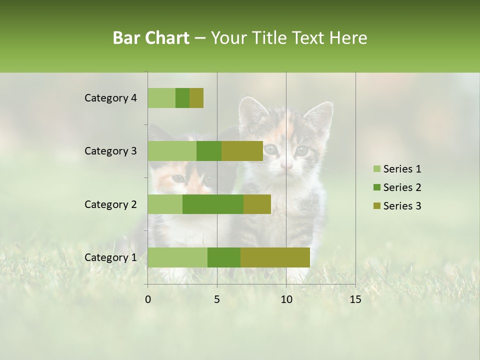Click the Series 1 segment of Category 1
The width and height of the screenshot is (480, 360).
click(177, 257)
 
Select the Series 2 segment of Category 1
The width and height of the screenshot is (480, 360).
click(224, 257)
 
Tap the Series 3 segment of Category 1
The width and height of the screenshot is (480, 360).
click(275, 257)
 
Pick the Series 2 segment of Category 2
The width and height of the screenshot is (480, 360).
click(213, 204)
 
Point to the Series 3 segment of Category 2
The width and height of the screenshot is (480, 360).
click(257, 204)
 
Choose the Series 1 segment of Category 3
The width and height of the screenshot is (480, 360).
click(172, 151)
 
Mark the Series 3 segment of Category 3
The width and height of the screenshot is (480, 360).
click(242, 151)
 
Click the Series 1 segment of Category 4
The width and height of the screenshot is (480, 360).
click(161, 98)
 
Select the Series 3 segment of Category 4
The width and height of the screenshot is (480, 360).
click(196, 98)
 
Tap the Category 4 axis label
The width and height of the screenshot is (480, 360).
click(110, 98)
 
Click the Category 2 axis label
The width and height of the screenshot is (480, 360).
click(110, 204)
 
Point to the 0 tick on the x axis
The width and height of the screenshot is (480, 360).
click(148, 299)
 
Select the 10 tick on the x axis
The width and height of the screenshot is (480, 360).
click(286, 299)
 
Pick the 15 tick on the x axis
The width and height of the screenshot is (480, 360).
click(355, 299)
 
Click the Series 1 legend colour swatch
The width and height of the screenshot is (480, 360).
click(376, 169)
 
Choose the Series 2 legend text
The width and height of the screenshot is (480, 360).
click(402, 187)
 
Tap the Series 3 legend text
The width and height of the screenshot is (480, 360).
click(402, 206)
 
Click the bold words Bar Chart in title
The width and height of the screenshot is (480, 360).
click(151, 38)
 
